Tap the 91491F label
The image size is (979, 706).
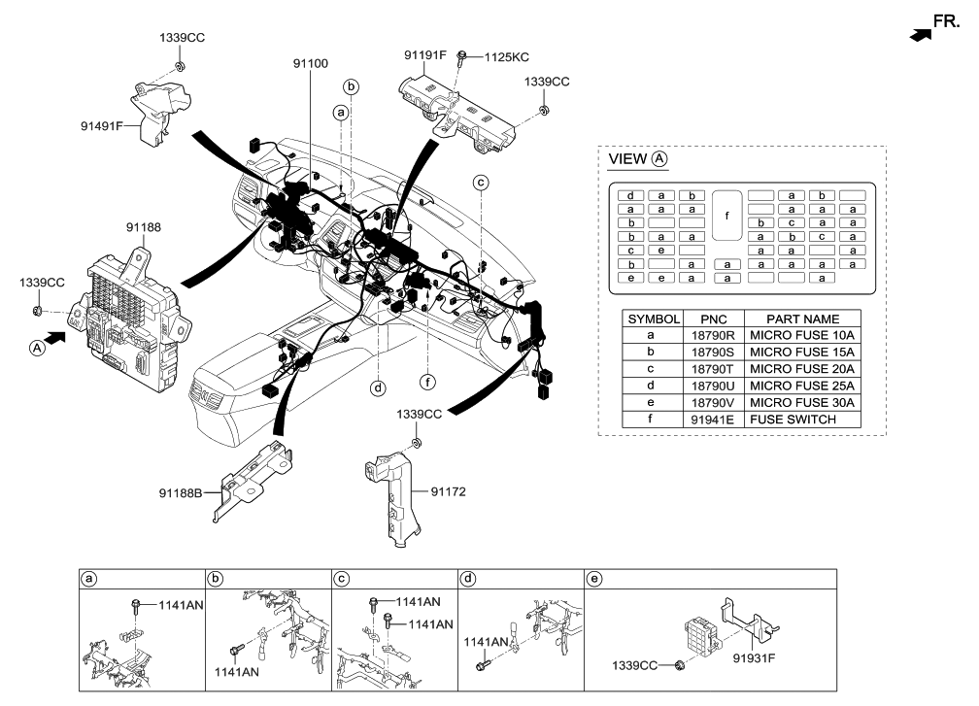coord(102,124)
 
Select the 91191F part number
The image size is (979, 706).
coord(424,55)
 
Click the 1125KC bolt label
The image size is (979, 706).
coord(506,57)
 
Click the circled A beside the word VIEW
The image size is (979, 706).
coord(660,158)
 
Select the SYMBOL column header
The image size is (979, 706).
coord(654,319)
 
